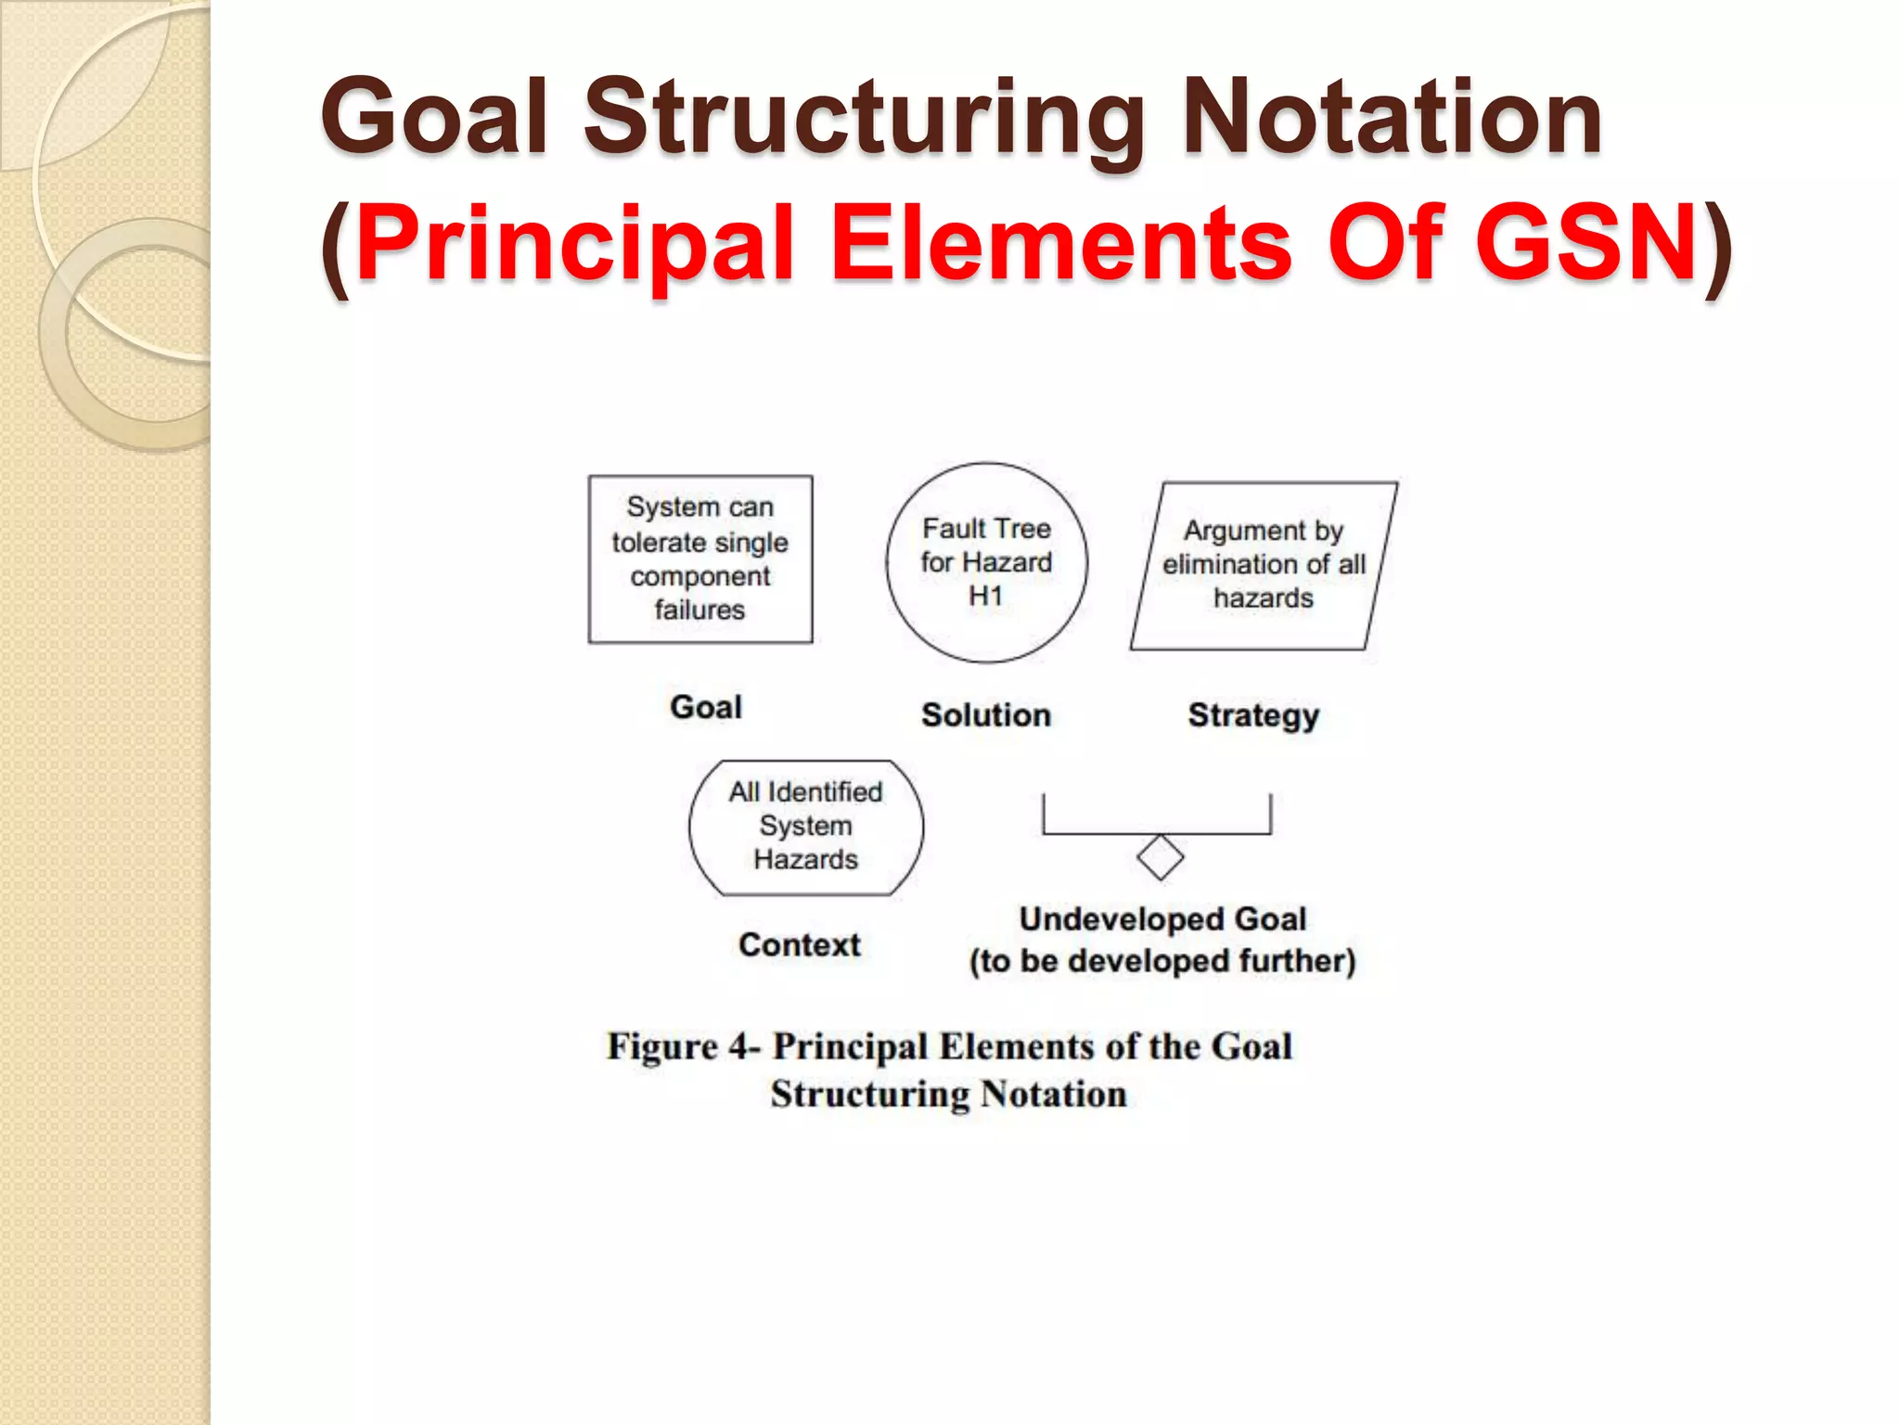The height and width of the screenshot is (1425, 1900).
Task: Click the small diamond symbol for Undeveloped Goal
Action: [1160, 857]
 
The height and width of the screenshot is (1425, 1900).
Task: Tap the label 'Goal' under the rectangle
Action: [706, 707]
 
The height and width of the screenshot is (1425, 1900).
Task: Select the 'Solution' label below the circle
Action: [986, 714]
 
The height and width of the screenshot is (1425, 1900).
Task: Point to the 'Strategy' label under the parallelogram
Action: [1253, 715]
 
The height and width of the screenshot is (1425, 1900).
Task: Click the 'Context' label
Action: [800, 944]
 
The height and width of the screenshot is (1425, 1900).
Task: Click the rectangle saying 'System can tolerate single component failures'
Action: [700, 558]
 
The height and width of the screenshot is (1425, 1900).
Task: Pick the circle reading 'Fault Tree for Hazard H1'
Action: [986, 562]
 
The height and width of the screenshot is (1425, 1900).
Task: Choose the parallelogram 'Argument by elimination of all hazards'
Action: [1264, 565]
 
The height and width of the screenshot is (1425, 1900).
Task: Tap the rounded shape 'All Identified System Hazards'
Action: [805, 826]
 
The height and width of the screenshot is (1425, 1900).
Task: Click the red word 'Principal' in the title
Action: [575, 243]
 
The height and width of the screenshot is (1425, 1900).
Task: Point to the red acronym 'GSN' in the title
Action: [1586, 243]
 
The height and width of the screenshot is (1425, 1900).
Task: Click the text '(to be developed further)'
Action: [1162, 961]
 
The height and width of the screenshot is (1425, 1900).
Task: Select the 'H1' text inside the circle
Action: [986, 596]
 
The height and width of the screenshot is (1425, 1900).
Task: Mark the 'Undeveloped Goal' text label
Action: [1162, 918]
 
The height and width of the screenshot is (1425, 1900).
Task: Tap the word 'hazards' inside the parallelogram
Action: [1264, 598]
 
